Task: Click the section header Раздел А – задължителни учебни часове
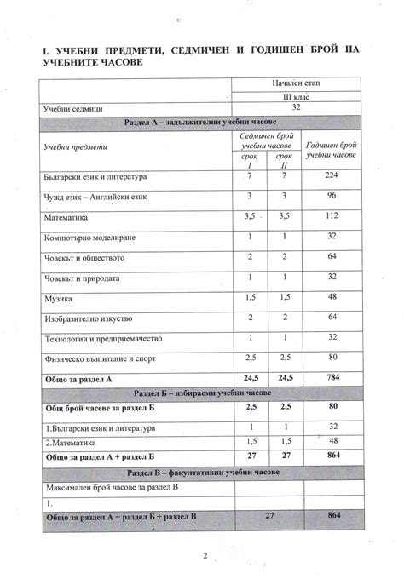[x=201, y=123]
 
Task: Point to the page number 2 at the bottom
[x=205, y=556]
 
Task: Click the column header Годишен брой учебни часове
[x=329, y=151]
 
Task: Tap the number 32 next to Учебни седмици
[x=296, y=108]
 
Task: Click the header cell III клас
[x=296, y=96]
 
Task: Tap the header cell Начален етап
[x=296, y=83]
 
